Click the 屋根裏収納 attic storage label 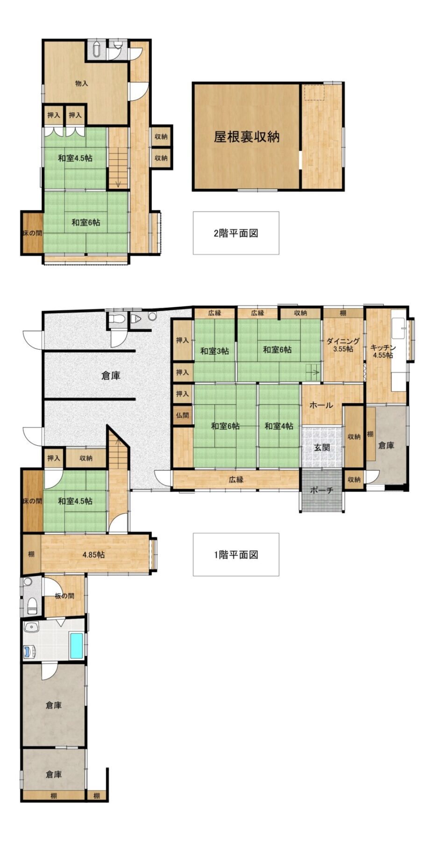pyautogui.click(x=246, y=137)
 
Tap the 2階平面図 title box pyautogui.click(x=236, y=233)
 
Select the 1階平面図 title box pyautogui.click(x=236, y=555)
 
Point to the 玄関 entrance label pyautogui.click(x=321, y=447)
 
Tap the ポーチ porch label pyautogui.click(x=321, y=490)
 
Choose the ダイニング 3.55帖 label pyautogui.click(x=343, y=345)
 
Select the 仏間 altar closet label pyautogui.click(x=182, y=415)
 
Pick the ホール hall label pyautogui.click(x=321, y=405)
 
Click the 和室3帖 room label pyautogui.click(x=214, y=351)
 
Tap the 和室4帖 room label pyautogui.click(x=278, y=426)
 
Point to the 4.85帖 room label pyautogui.click(x=93, y=555)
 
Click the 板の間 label pyautogui.click(x=64, y=596)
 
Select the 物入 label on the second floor pyautogui.click(x=82, y=83)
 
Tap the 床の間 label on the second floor pyautogui.click(x=32, y=233)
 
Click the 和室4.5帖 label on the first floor pyautogui.click(x=75, y=501)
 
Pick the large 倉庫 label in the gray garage pyautogui.click(x=111, y=375)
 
